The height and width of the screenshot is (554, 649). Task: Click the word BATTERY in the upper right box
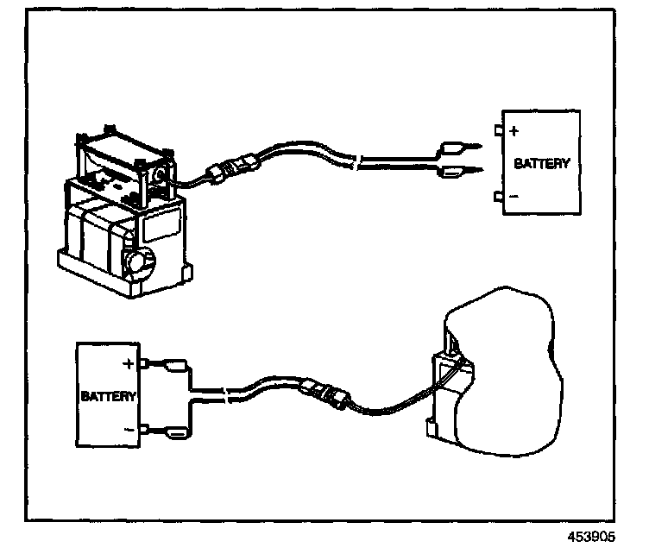tap(541, 163)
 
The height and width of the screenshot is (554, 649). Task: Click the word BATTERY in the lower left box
tap(109, 397)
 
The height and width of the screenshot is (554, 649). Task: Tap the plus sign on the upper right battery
tap(514, 132)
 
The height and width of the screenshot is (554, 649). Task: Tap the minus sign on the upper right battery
tap(514, 197)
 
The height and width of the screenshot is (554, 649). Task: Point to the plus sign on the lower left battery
tap(129, 364)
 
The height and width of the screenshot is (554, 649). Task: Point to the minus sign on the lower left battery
tap(129, 429)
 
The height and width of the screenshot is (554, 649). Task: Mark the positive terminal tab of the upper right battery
tap(499, 131)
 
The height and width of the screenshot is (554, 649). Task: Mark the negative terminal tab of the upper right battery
tap(499, 197)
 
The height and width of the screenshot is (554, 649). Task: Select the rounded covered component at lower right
tap(501, 371)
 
